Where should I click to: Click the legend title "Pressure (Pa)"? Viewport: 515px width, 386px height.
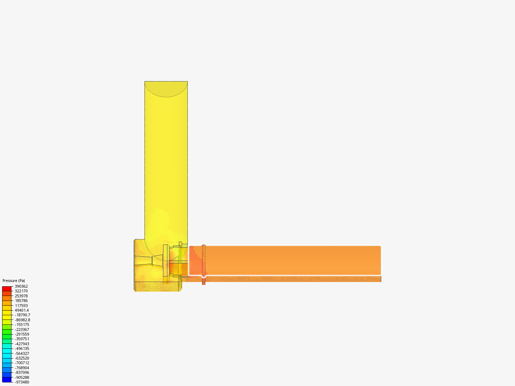[14, 281]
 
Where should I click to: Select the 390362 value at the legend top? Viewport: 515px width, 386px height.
[21, 286]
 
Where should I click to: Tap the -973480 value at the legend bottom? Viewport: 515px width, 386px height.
[22, 382]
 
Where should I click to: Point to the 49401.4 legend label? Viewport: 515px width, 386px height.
[22, 310]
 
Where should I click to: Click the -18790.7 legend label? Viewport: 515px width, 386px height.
[23, 315]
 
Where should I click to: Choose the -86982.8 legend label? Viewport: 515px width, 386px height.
[23, 320]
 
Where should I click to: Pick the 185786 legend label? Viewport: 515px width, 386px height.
[21, 301]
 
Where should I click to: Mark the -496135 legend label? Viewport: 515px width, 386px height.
[22, 348]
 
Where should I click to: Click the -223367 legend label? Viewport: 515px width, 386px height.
[22, 330]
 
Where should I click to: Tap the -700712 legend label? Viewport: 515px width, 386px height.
[22, 363]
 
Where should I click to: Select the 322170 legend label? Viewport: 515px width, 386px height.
[21, 291]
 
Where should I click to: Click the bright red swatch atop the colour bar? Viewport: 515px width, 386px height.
[7, 288]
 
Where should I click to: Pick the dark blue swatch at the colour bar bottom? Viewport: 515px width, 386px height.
[7, 380]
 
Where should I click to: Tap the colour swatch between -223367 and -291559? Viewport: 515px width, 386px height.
[7, 332]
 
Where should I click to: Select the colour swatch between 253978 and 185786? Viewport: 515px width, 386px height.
[7, 298]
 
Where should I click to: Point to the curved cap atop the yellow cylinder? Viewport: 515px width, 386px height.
[166, 89]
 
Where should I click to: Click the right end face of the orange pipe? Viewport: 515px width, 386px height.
[381, 263]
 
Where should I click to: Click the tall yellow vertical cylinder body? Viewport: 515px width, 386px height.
[166, 161]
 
